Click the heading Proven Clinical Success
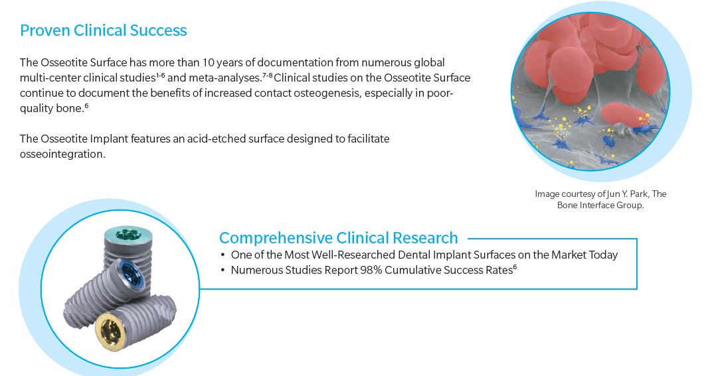click(103, 31)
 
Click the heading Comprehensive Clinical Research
click(339, 237)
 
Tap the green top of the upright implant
click(128, 235)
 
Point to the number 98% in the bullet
click(371, 271)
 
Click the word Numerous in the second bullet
click(254, 271)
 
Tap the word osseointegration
click(62, 154)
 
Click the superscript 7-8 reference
click(267, 75)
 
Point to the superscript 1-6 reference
click(161, 75)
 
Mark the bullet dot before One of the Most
click(222, 255)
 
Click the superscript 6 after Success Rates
click(515, 267)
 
